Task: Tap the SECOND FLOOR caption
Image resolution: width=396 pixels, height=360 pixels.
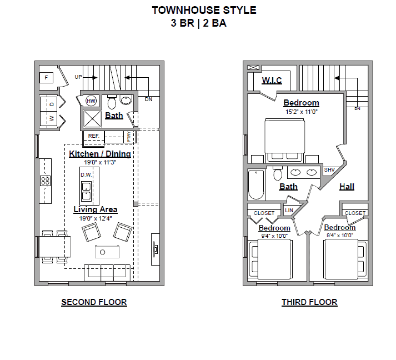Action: [94, 302]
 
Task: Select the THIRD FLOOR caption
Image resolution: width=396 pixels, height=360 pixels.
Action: [309, 302]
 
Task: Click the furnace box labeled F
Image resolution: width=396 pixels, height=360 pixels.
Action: [46, 77]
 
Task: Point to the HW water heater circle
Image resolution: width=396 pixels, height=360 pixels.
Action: [91, 101]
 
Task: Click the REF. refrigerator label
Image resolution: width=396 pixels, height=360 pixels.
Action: [93, 136]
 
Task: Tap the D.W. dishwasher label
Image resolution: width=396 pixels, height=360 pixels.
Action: [86, 175]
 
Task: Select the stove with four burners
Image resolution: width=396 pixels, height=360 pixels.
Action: [45, 181]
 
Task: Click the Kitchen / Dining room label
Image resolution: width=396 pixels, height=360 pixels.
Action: [100, 154]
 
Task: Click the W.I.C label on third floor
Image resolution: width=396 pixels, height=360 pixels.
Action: [272, 81]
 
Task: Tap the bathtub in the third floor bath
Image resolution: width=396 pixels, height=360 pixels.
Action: [256, 184]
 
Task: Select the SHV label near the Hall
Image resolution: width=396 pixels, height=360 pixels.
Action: [329, 170]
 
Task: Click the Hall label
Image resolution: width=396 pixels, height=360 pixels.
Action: [347, 187]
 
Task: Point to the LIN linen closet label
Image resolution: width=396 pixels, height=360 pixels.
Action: [289, 211]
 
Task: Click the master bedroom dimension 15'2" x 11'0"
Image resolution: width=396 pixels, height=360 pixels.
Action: [302, 112]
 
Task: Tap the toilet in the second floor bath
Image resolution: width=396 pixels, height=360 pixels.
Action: [111, 102]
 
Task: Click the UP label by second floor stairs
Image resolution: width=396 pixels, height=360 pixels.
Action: [78, 77]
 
